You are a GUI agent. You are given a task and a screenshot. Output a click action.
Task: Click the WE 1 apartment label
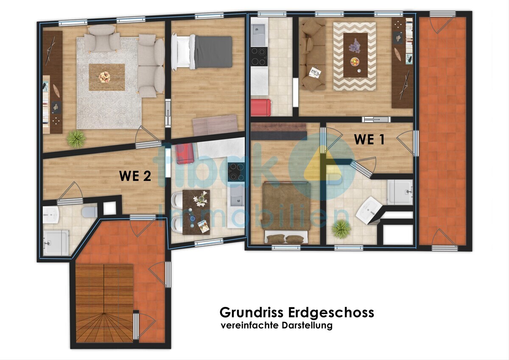click(x=369, y=139)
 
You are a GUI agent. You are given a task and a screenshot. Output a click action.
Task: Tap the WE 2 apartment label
click(x=135, y=176)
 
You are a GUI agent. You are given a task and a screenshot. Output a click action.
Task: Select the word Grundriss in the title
click(x=251, y=312)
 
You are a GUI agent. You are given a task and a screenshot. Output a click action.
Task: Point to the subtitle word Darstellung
click(x=307, y=326)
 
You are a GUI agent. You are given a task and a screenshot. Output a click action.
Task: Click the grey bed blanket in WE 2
click(x=213, y=52)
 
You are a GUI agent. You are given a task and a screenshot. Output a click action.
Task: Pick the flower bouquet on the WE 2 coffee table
click(x=104, y=77)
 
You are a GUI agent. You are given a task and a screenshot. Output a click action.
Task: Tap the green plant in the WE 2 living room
click(x=76, y=139)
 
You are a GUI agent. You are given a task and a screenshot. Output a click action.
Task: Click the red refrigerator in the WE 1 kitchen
click(x=261, y=107)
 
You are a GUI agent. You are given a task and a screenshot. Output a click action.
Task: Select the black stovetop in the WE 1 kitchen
click(x=259, y=56)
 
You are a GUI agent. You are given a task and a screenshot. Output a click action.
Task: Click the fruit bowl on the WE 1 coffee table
click(x=355, y=62)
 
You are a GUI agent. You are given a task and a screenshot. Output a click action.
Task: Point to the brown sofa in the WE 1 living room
click(x=313, y=55)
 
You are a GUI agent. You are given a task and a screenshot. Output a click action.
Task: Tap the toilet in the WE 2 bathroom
click(x=89, y=212)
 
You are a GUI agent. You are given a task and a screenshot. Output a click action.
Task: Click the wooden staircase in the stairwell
click(x=104, y=304)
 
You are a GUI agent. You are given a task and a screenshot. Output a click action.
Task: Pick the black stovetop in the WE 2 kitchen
click(x=236, y=172)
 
